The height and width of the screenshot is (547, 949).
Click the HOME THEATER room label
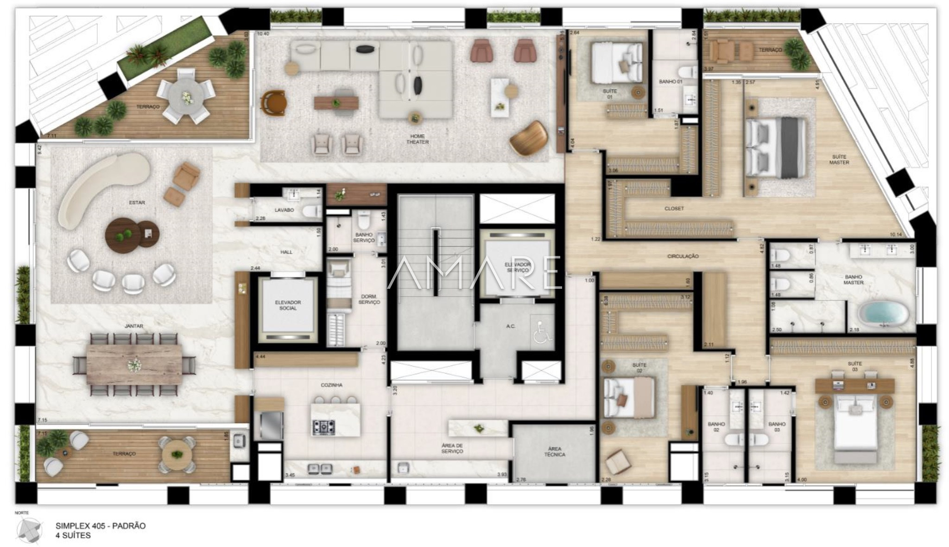(x=417, y=139)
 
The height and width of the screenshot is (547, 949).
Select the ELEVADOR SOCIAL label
(x=288, y=305)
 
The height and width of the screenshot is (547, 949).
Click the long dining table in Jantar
(x=134, y=364)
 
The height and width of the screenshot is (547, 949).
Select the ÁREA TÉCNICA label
(x=554, y=452)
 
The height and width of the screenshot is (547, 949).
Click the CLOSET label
(x=674, y=209)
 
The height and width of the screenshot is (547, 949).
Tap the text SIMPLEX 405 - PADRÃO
(x=101, y=526)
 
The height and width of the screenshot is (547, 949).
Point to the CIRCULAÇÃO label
(x=683, y=256)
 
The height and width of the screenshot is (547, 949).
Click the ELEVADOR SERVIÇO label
(x=518, y=267)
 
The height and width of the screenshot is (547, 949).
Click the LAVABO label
(x=284, y=210)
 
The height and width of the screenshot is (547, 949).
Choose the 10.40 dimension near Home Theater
(x=263, y=34)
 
